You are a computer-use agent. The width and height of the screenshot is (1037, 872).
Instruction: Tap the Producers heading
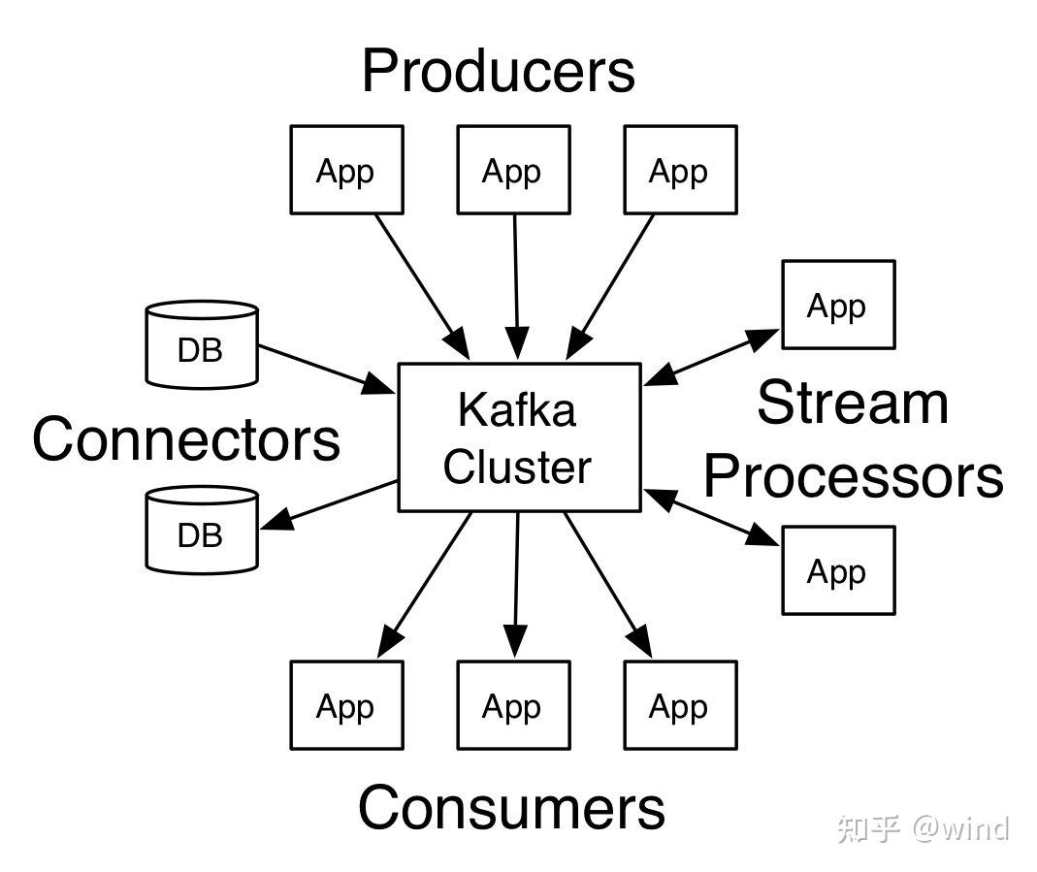click(x=498, y=71)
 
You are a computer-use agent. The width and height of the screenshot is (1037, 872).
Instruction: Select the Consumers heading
click(x=511, y=807)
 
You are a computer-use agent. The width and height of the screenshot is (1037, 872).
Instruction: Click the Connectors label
click(x=186, y=439)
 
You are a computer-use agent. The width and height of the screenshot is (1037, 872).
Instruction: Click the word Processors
click(x=853, y=476)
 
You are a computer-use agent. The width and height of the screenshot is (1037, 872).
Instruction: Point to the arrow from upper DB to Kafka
click(x=327, y=370)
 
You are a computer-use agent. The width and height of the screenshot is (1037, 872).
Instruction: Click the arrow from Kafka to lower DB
click(x=329, y=505)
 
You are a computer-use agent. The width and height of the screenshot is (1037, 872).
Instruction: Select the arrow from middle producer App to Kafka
click(x=516, y=287)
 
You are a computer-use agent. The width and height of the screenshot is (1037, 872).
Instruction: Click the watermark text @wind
click(x=961, y=828)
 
